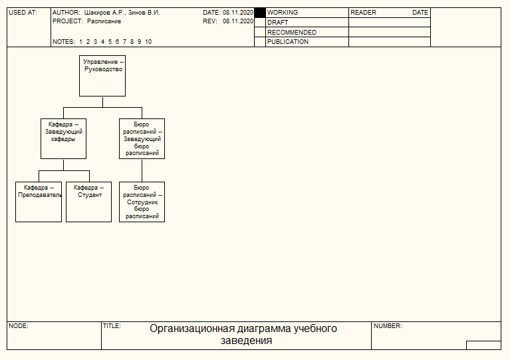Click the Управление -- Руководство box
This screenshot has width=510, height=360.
coord(102,76)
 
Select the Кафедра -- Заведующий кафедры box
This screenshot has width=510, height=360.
coord(63,138)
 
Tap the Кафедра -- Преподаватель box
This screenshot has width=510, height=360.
coord(39,202)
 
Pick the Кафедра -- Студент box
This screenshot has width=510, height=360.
coord(89,202)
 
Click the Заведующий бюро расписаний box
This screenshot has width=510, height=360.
coord(142,138)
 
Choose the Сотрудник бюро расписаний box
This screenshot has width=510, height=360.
coord(142,202)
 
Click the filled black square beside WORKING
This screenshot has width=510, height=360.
coord(260,13)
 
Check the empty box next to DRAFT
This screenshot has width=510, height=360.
coord(260,23)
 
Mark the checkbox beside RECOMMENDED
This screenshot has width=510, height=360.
coord(260,32)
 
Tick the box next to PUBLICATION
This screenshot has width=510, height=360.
coord(260,42)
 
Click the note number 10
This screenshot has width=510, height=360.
coord(148,42)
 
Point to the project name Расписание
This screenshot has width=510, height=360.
coord(104,21)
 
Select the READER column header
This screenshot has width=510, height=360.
coord(363,13)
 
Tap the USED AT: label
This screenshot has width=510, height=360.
coord(23,13)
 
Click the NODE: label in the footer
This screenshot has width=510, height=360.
coord(19,326)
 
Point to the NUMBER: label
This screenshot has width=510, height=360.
coord(388,326)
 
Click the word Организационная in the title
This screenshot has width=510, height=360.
coord(192,329)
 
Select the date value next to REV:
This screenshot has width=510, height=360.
coord(238,21)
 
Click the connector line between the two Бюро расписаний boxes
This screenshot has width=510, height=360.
coord(142,170)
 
